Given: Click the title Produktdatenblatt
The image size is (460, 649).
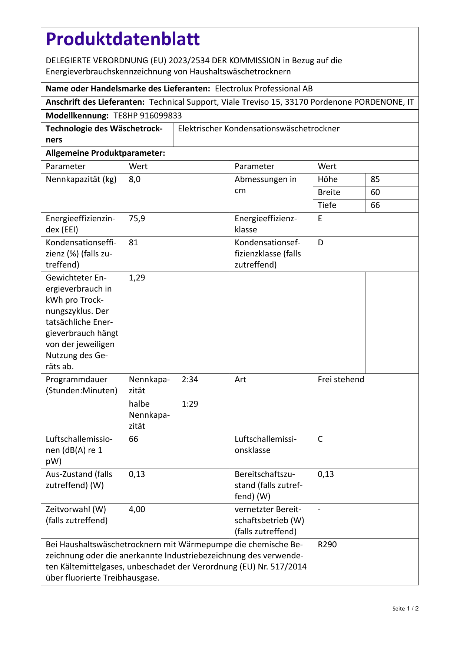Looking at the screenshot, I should point(123,39).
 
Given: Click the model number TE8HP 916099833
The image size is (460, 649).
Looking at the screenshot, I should point(148,115).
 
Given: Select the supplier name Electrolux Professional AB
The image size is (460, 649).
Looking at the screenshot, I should point(264,88).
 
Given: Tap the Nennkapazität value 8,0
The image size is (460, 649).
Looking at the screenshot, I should point(135,179).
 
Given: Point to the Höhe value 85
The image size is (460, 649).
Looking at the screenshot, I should point(375,179).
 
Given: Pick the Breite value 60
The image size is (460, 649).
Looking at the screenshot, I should point(375,192).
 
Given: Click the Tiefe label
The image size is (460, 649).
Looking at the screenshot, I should point(327,205).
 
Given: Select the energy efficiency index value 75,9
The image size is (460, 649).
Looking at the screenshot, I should point(137,218).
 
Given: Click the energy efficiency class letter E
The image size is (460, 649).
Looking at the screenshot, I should point(320,218).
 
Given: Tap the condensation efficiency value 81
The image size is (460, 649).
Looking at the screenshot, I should point(133,243).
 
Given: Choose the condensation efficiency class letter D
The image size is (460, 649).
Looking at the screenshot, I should point(321,243).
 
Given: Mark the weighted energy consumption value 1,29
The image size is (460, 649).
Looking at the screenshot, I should point(137,278).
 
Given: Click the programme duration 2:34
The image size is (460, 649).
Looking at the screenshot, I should point(190,380).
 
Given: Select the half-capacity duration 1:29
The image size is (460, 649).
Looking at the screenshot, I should point(190,404).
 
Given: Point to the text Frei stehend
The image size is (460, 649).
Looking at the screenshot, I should point(341,380).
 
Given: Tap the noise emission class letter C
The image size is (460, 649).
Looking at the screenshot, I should point(320,439).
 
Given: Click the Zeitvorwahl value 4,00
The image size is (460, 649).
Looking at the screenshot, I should point(137,510).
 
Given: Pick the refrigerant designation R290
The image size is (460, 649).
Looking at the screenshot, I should point(327,545).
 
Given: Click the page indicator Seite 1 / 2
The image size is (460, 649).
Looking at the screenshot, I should point(405,609).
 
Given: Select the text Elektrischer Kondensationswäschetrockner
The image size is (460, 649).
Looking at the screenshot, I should point(259,129).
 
